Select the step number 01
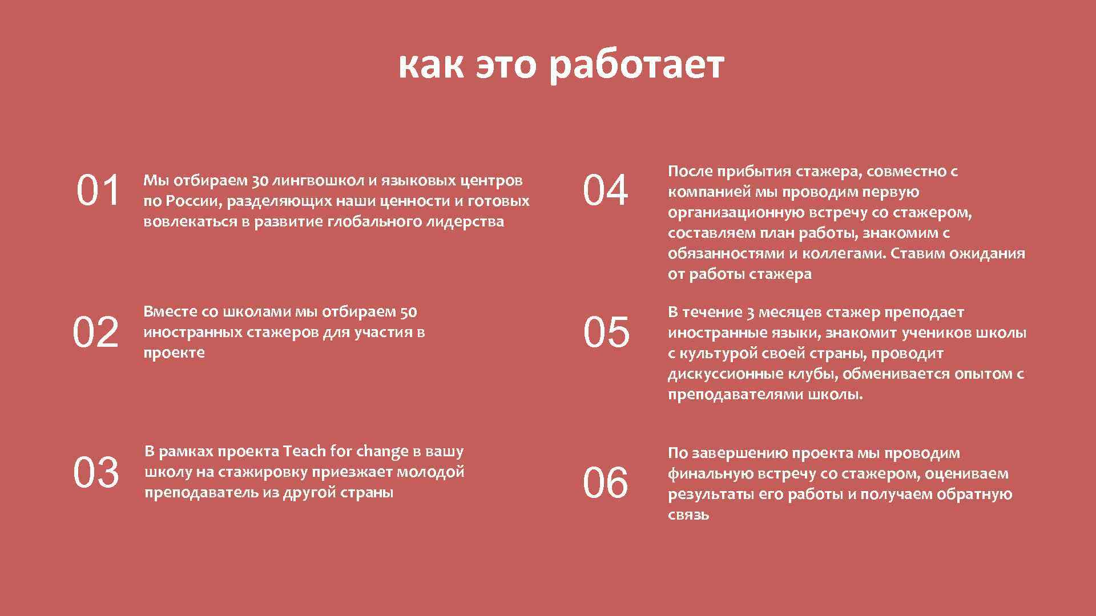pyautogui.click(x=98, y=191)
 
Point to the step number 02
pyautogui.click(x=95, y=333)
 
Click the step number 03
pyautogui.click(x=96, y=473)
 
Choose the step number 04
pyautogui.click(x=606, y=191)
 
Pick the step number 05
pyautogui.click(x=606, y=333)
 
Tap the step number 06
pyautogui.click(x=606, y=483)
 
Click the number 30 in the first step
pyautogui.click(x=260, y=181)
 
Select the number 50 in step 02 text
pyautogui.click(x=409, y=312)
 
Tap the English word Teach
pyautogui.click(x=304, y=452)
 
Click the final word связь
pyautogui.click(x=688, y=515)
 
